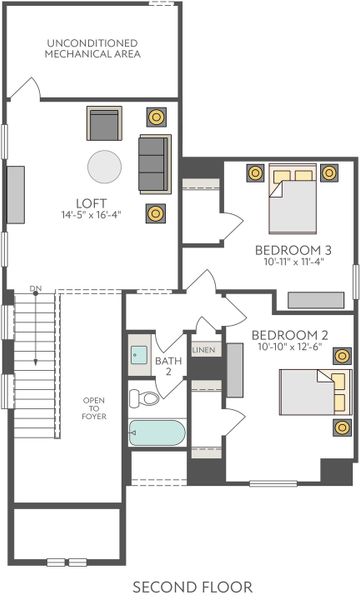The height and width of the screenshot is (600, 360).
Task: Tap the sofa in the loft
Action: click(154, 163)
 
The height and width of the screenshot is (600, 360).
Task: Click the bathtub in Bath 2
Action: click(157, 433)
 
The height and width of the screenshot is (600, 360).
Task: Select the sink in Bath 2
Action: click(140, 355)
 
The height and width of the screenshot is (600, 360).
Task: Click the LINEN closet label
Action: click(204, 351)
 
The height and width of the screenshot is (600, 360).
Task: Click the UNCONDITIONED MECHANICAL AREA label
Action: click(92, 48)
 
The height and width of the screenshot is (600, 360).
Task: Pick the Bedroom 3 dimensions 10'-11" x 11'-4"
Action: click(293, 262)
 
